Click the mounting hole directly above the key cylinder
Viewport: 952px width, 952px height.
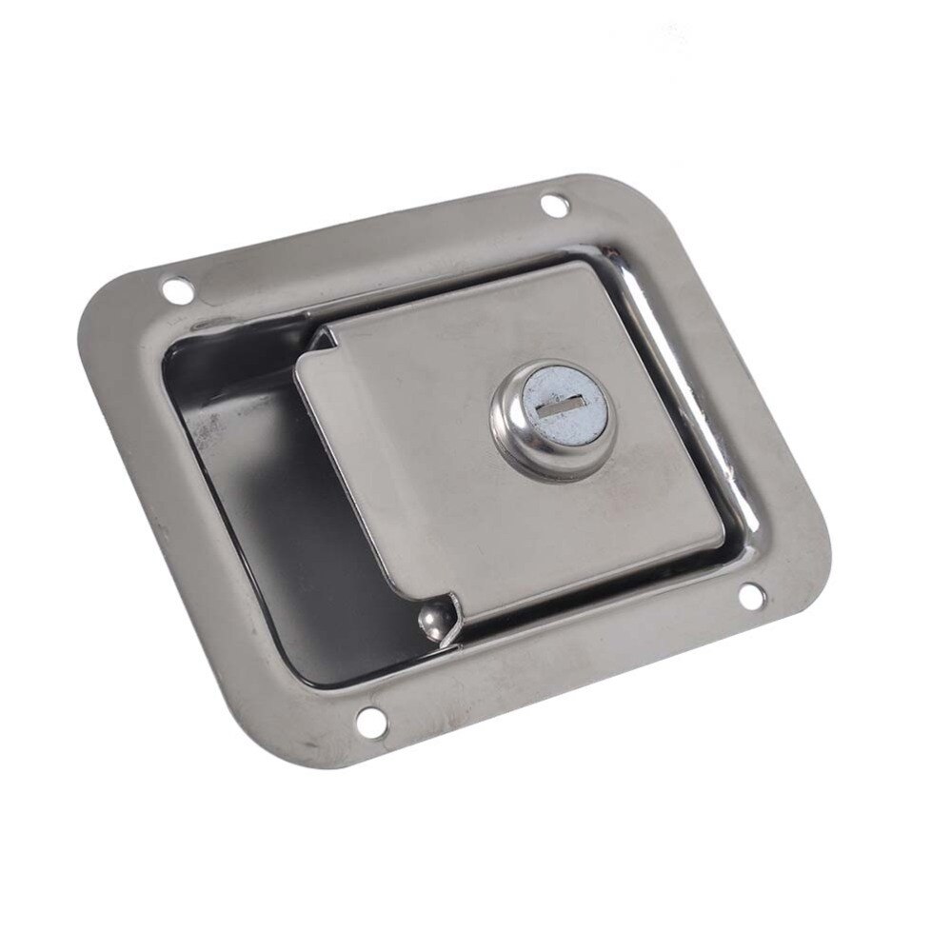[552, 203]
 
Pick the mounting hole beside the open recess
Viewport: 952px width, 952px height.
[173, 287]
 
